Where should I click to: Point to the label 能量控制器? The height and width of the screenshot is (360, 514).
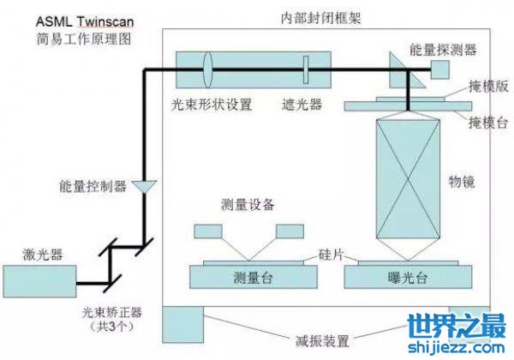93,184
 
